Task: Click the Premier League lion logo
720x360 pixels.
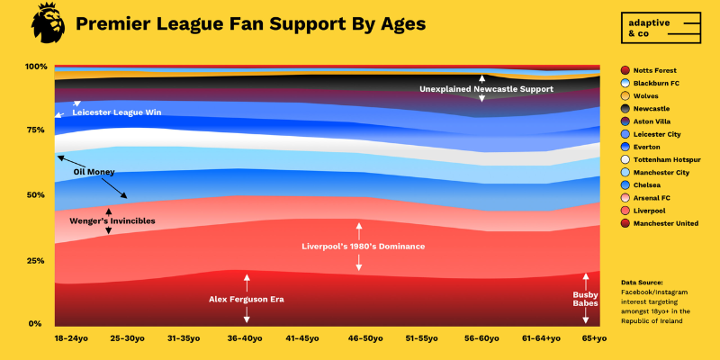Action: point(48,22)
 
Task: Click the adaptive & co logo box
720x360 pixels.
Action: point(661,28)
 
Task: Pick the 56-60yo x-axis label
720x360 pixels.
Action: point(483,338)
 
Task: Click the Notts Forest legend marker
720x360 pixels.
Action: point(625,70)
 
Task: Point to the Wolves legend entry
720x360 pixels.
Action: point(648,95)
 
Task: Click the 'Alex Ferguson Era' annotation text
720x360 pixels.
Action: point(246,299)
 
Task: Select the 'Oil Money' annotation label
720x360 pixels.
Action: point(94,171)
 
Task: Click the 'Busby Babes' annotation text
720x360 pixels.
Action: point(586,299)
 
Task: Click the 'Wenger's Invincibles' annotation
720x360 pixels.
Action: point(112,220)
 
